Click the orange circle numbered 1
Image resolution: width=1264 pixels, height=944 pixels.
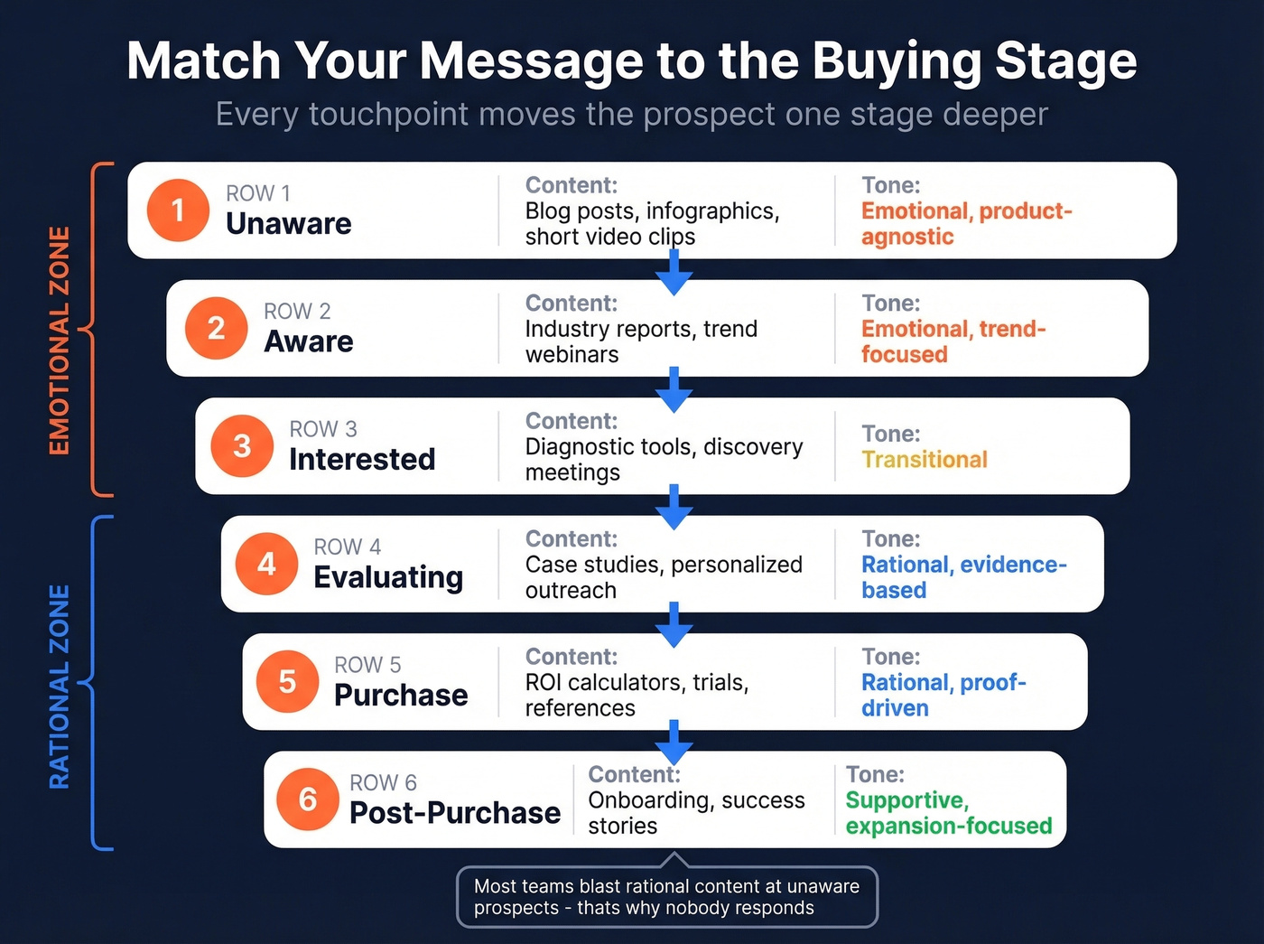pos(178,210)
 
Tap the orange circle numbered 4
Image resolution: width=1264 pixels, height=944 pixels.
pos(266,564)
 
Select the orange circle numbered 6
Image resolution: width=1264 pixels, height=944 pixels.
pos(308,799)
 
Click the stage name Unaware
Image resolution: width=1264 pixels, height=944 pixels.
pos(288,224)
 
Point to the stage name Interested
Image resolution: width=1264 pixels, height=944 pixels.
pos(362,460)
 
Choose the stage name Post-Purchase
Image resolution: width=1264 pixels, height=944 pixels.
pos(455,813)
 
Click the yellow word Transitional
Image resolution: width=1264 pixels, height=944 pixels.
pos(924,460)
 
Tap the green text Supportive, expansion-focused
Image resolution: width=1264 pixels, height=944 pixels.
pos(948,813)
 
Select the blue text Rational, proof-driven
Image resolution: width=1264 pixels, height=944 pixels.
pos(943,695)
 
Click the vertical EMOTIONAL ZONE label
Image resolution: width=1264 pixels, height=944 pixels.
pos(60,341)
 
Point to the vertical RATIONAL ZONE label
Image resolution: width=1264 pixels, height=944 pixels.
pos(60,687)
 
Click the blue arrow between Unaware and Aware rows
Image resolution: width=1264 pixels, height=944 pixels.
pos(674,272)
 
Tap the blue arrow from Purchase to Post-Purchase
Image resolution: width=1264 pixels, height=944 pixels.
pos(674,743)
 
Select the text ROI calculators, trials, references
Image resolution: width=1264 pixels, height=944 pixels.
pos(637,695)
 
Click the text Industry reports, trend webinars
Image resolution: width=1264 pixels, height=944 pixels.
pos(640,341)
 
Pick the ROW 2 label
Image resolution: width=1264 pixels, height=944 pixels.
pos(297,312)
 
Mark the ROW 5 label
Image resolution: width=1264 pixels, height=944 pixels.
pos(367,665)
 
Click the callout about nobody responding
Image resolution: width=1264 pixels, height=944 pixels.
pos(666,897)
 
